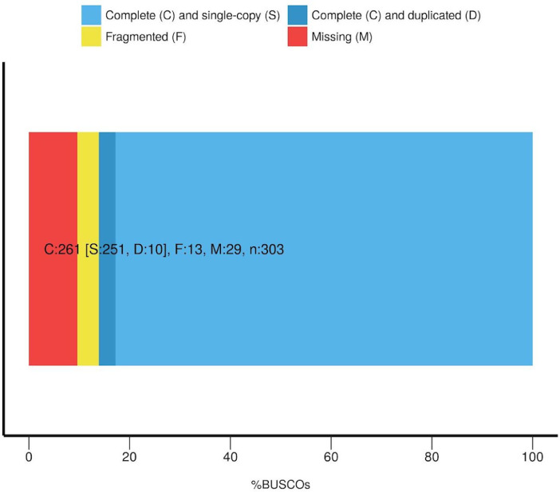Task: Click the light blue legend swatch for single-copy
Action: tap(91, 15)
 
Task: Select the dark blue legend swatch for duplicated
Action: tap(298, 15)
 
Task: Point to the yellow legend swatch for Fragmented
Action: tap(91, 37)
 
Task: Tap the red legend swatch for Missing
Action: tap(298, 37)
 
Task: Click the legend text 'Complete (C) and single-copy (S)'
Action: tap(192, 15)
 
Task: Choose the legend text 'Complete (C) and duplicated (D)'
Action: tap(396, 15)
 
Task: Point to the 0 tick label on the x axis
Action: tap(29, 458)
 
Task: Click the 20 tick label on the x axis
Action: tap(129, 458)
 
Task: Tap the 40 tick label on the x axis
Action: tap(230, 458)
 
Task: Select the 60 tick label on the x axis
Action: tap(330, 458)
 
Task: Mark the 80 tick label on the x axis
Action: tap(432, 458)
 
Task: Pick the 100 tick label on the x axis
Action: tap(532, 458)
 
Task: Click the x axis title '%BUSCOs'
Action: tap(280, 482)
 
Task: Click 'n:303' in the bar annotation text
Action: tap(264, 250)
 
